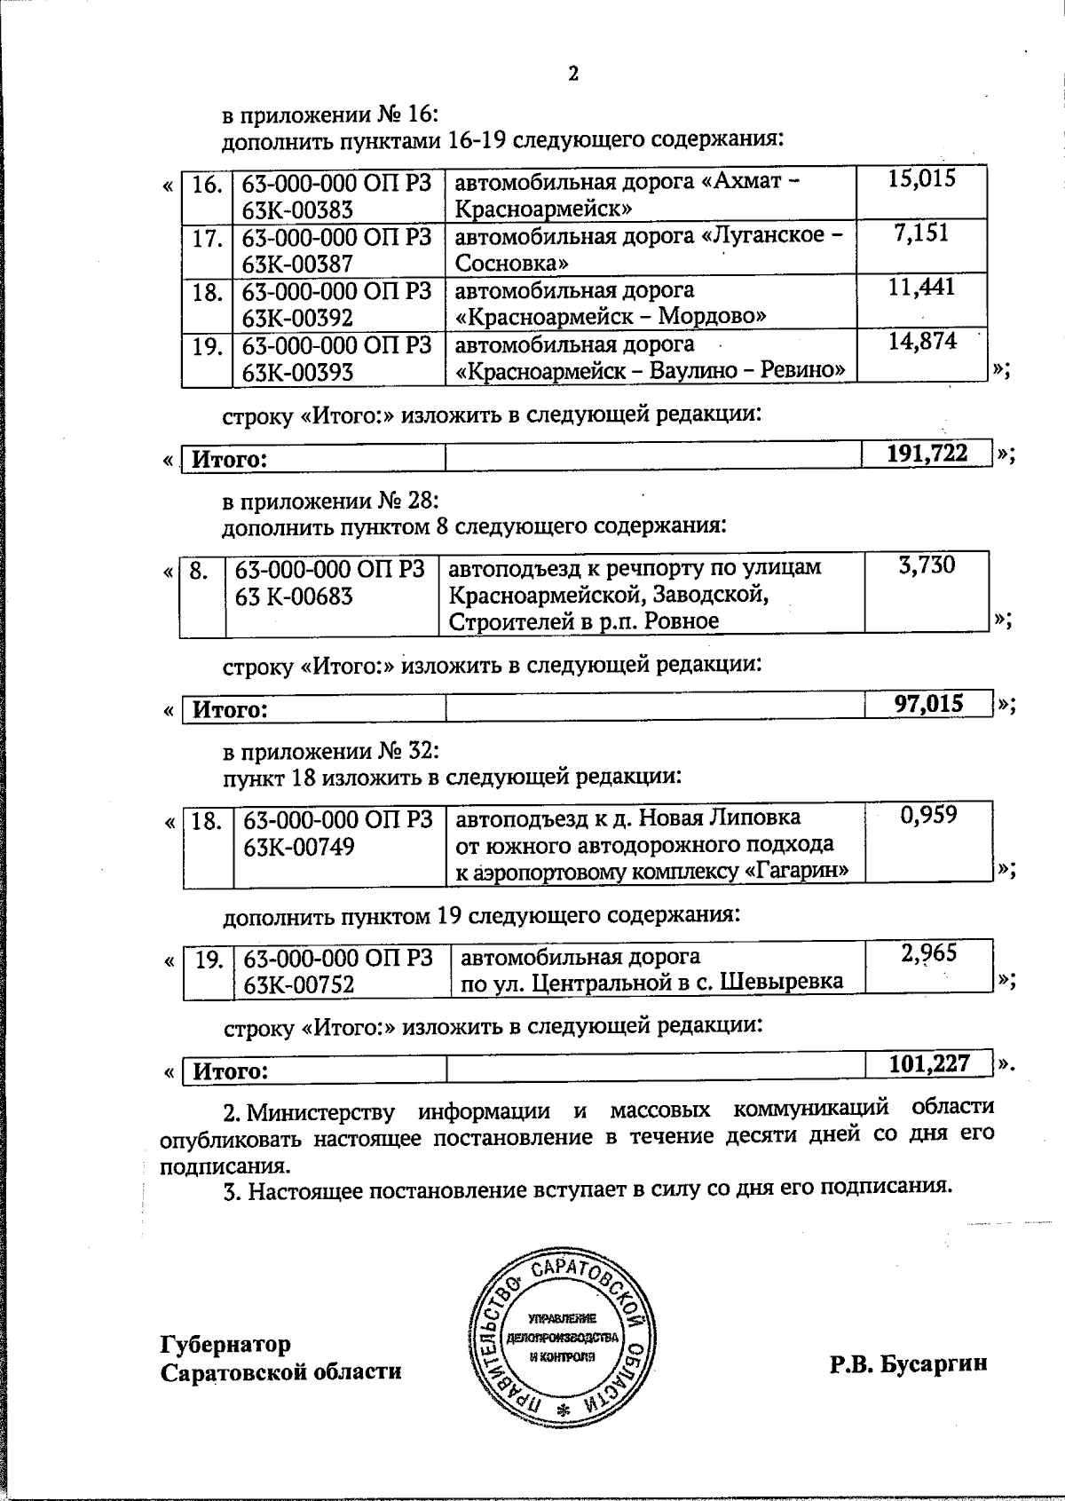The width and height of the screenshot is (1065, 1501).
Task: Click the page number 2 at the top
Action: click(x=572, y=74)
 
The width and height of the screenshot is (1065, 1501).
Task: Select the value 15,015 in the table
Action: click(x=922, y=178)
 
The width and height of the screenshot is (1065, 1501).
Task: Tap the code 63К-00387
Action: click(x=297, y=264)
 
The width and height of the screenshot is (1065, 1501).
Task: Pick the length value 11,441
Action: click(x=923, y=286)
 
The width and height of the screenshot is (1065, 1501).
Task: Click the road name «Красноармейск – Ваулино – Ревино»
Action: click(x=650, y=370)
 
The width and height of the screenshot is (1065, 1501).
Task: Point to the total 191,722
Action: click(x=927, y=454)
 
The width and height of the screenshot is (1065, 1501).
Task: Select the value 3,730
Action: click(x=927, y=565)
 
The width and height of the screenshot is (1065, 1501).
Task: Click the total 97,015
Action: click(x=928, y=704)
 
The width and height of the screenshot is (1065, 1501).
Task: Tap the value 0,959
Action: click(x=928, y=815)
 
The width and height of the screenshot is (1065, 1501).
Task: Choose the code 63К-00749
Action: click(x=298, y=847)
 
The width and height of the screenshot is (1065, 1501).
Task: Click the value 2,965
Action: click(x=928, y=953)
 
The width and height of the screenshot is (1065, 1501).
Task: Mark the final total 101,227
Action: click(x=929, y=1063)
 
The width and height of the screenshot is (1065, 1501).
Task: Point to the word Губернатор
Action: click(x=225, y=1344)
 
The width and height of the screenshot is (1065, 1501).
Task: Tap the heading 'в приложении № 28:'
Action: click(x=330, y=501)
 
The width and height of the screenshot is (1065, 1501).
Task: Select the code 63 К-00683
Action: click(x=294, y=596)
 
